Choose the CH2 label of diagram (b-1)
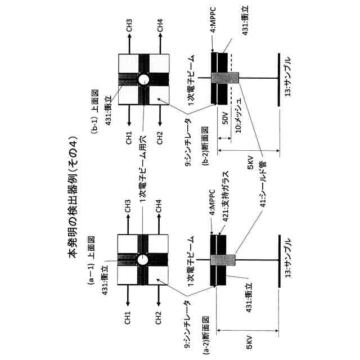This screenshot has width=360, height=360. point(160,136)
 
